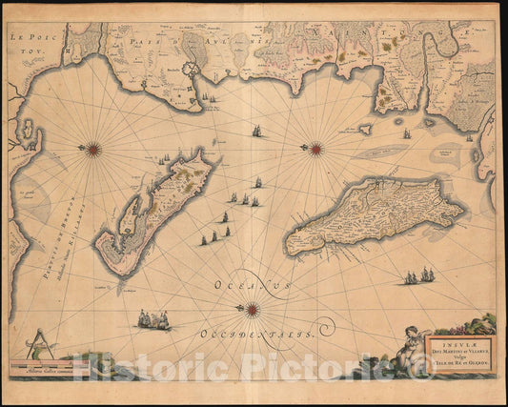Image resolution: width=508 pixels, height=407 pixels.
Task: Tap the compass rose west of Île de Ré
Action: point(93,148)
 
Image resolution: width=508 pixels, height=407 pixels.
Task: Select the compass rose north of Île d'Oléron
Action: point(315,148)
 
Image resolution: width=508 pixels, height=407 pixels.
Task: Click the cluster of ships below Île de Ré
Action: point(153,320)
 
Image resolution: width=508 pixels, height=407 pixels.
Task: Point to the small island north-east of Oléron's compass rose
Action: point(362,129)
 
